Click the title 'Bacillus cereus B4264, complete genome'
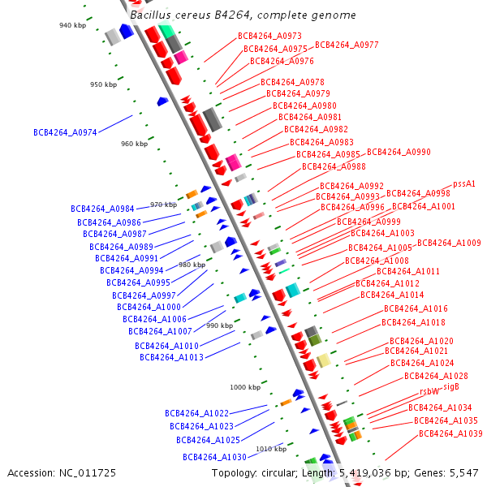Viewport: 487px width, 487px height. [243, 15]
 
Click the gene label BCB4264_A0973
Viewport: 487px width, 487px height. [269, 36]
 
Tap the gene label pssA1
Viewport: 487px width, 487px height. [463, 184]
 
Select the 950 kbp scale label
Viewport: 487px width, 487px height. [105, 84]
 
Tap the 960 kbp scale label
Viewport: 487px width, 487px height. [135, 144]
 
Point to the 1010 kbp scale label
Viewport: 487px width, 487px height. [271, 448]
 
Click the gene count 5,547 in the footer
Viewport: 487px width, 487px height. [462, 472]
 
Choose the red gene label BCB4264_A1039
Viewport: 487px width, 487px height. [450, 433]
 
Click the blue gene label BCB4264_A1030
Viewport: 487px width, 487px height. [214, 457]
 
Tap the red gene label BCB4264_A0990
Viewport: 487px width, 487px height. [399, 152]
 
